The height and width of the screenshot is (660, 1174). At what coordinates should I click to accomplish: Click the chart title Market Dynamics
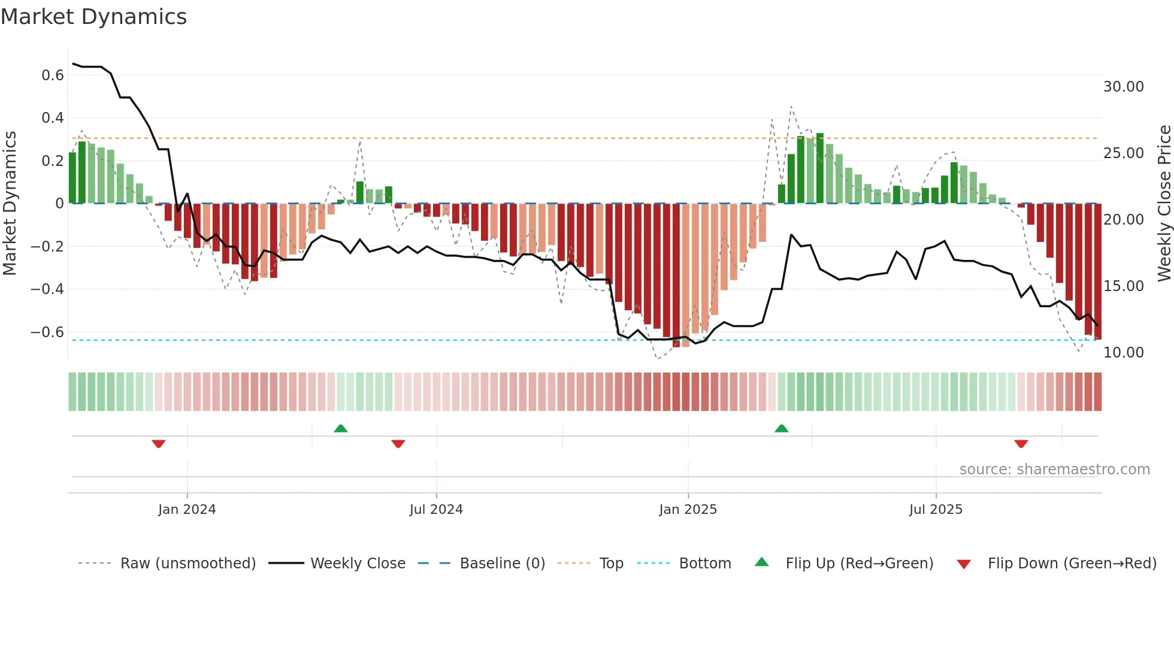click(x=93, y=17)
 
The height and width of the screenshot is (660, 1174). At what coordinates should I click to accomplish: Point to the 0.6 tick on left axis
click(x=53, y=75)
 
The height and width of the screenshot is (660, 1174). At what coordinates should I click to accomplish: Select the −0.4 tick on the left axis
click(x=47, y=289)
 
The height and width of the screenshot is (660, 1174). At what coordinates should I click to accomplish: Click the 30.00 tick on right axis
click(x=1123, y=87)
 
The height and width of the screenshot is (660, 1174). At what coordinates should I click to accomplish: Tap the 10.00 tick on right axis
click(x=1123, y=353)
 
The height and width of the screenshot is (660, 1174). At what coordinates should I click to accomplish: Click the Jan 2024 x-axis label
click(x=187, y=510)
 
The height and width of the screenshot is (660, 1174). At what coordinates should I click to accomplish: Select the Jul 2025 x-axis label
click(x=936, y=510)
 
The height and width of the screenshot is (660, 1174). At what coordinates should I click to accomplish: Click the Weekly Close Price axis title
click(x=1164, y=204)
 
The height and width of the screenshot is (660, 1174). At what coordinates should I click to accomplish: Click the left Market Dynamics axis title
click(x=10, y=204)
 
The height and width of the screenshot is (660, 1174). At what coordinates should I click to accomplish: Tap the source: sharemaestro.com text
click(x=1054, y=470)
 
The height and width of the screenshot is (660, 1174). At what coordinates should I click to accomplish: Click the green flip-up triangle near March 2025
click(x=781, y=429)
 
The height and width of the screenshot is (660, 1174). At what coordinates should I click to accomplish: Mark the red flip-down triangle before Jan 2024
click(x=159, y=444)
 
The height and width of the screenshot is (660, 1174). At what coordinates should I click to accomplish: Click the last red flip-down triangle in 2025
click(x=1021, y=444)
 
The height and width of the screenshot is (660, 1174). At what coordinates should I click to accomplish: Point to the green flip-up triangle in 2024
click(x=340, y=429)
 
